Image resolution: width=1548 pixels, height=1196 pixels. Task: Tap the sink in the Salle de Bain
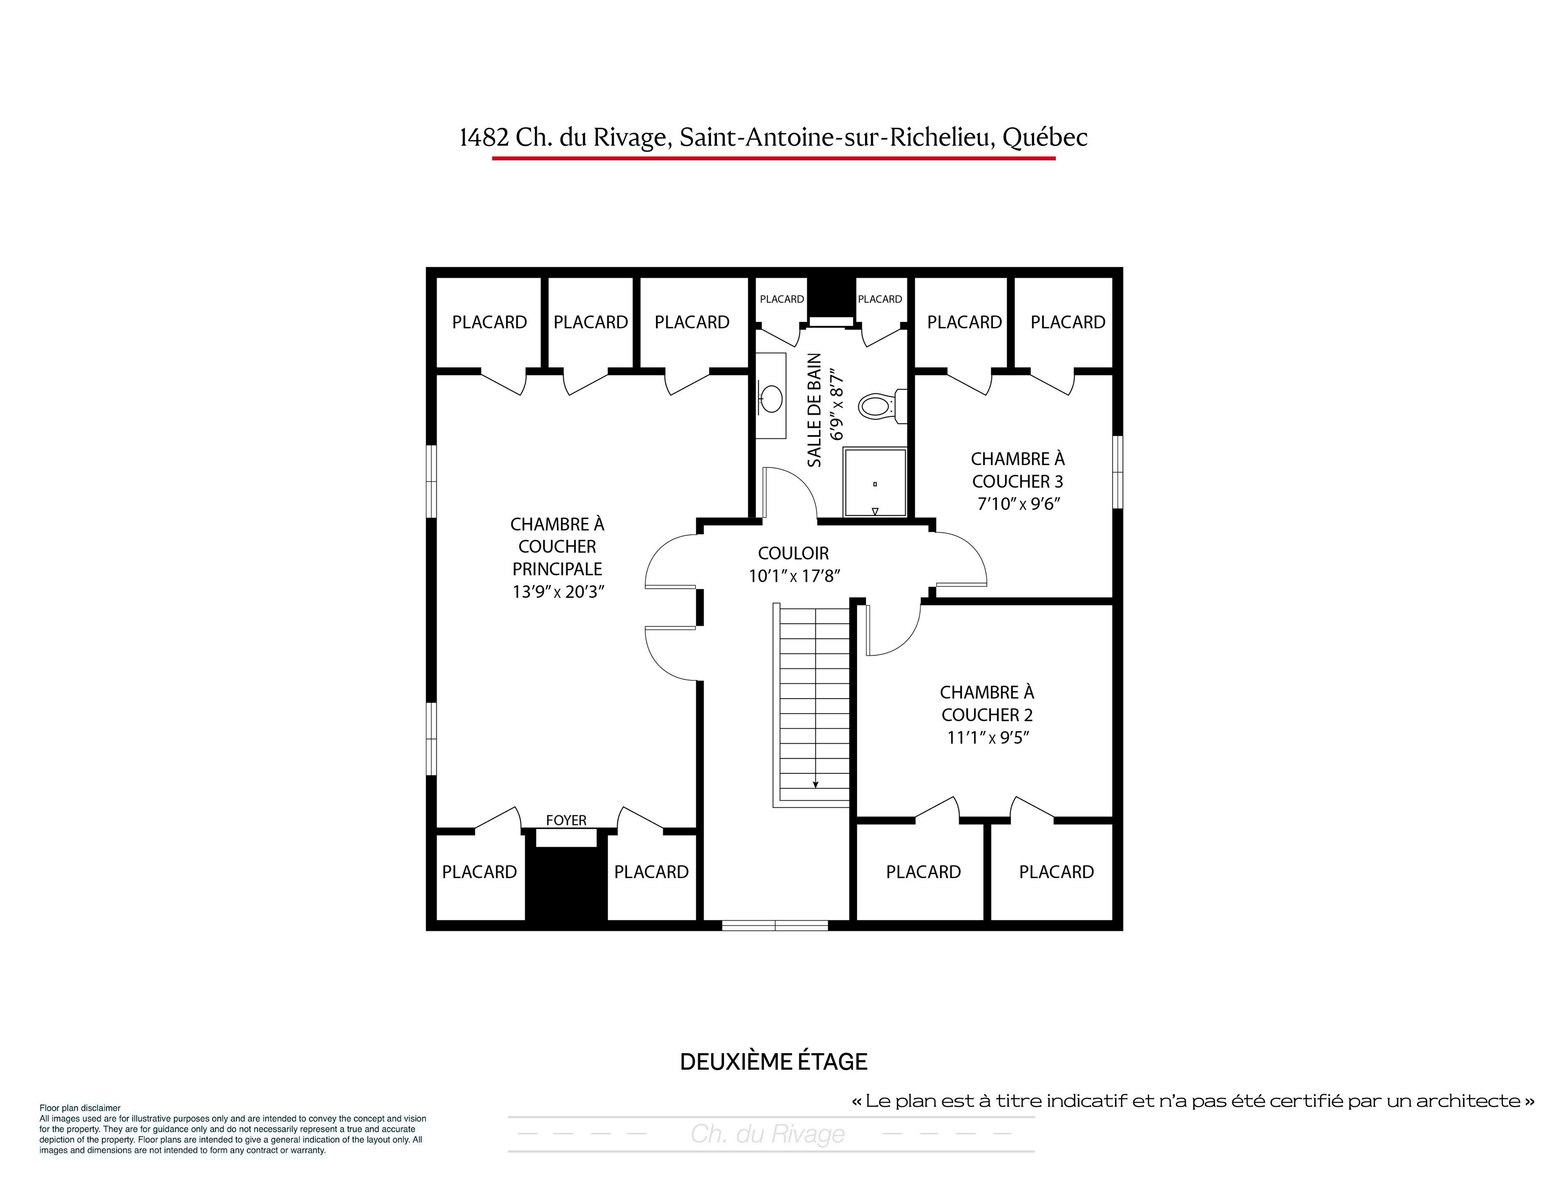770,397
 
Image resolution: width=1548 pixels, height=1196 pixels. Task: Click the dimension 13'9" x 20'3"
558,592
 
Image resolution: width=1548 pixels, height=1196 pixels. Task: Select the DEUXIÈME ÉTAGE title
773,1062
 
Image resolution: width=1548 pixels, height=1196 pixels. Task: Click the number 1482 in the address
484,137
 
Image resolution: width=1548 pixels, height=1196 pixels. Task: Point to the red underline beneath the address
774,158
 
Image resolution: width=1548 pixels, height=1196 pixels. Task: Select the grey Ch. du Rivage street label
768,1134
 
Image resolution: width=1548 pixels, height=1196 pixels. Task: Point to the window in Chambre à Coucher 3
1118,472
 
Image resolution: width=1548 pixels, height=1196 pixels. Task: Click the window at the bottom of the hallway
775,925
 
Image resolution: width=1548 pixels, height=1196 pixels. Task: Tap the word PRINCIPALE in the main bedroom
557,569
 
